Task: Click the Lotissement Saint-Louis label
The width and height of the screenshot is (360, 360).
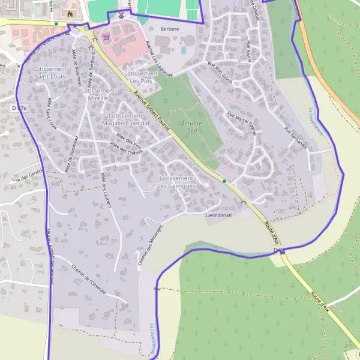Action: click(x=50, y=73)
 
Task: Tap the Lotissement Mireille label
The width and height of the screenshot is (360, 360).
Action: click(x=97, y=94)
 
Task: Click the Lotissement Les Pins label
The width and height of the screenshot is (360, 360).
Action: click(x=140, y=77)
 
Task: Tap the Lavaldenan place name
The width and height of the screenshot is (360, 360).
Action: click(x=218, y=215)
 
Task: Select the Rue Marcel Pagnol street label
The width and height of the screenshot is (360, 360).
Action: click(x=242, y=122)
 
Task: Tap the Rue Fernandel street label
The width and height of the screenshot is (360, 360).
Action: click(x=296, y=138)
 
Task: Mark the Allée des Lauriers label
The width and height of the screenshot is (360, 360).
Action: click(x=107, y=190)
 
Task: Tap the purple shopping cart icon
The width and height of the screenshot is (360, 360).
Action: click(x=106, y=35)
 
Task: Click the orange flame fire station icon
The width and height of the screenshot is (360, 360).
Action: click(x=71, y=13)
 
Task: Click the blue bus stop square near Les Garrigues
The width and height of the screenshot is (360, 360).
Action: click(x=224, y=181)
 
